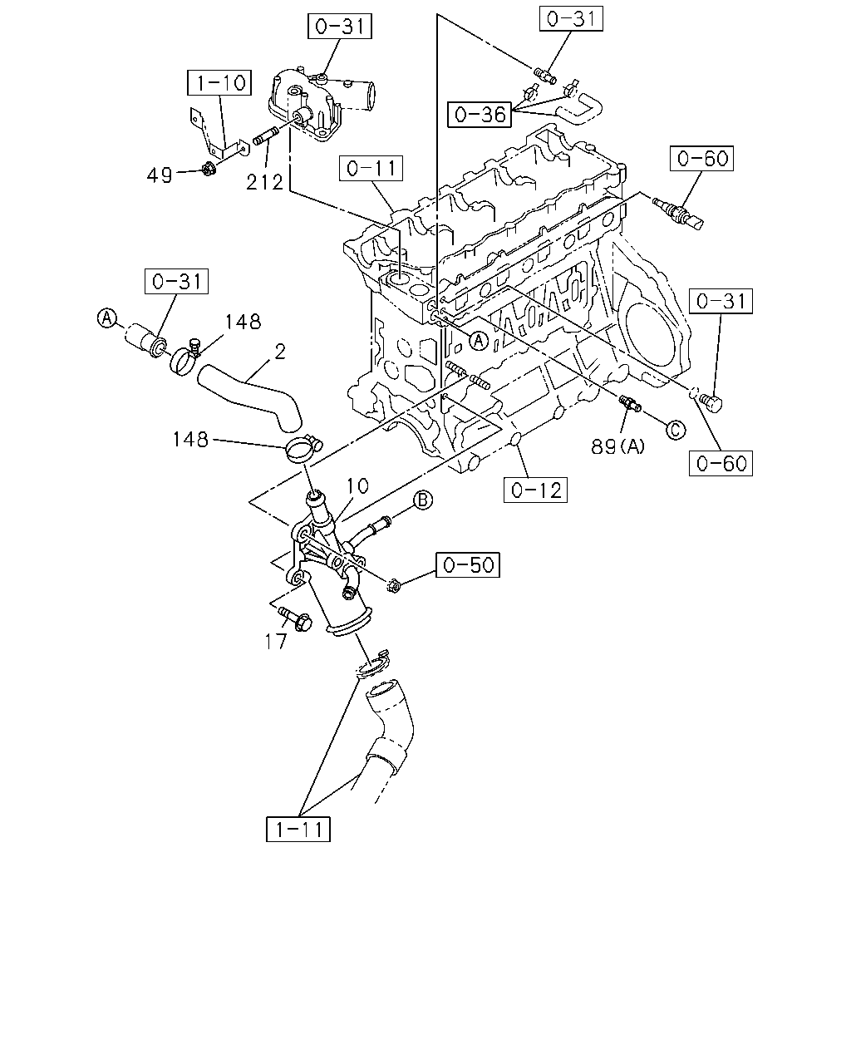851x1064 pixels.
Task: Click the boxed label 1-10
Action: coord(219,82)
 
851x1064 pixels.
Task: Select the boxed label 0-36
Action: coord(480,115)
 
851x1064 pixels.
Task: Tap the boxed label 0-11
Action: coord(371,168)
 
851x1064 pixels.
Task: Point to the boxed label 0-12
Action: coord(535,490)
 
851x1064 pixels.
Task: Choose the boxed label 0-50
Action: coord(468,564)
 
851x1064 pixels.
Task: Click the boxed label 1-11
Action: coord(298,829)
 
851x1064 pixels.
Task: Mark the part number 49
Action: coord(160,175)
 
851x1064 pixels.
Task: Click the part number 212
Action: coord(264,182)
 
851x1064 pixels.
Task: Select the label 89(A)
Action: coord(618,447)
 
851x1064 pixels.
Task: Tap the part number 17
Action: coord(275,642)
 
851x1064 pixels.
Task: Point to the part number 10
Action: coord(357,486)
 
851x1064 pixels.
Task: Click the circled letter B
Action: coord(423,500)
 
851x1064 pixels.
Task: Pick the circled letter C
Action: coord(676,430)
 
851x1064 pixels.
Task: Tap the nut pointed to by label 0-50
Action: coord(394,586)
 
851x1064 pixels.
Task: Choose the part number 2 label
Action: coord(280,352)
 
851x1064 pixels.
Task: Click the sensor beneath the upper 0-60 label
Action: coord(677,213)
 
